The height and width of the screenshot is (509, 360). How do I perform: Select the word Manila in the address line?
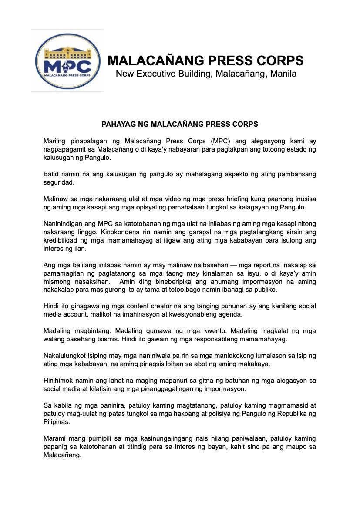[283, 74]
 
